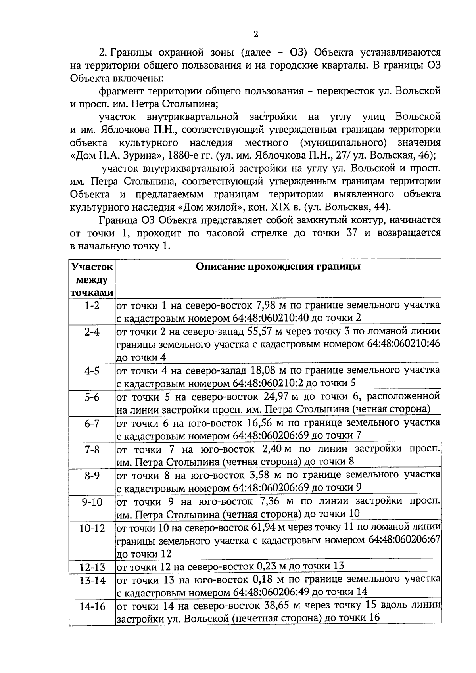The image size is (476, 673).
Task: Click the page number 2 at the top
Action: tap(255, 35)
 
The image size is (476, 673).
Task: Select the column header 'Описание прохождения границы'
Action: tap(278, 267)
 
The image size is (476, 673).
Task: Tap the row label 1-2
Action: tap(92, 306)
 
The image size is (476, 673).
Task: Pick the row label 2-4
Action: tap(92, 332)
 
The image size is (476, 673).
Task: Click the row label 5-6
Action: tap(92, 397)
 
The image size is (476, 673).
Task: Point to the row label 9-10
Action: tap(92, 502)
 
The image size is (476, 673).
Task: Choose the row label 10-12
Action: tap(92, 528)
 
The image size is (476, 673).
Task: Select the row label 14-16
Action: tap(92, 606)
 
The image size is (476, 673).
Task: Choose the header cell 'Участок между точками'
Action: tap(92, 280)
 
